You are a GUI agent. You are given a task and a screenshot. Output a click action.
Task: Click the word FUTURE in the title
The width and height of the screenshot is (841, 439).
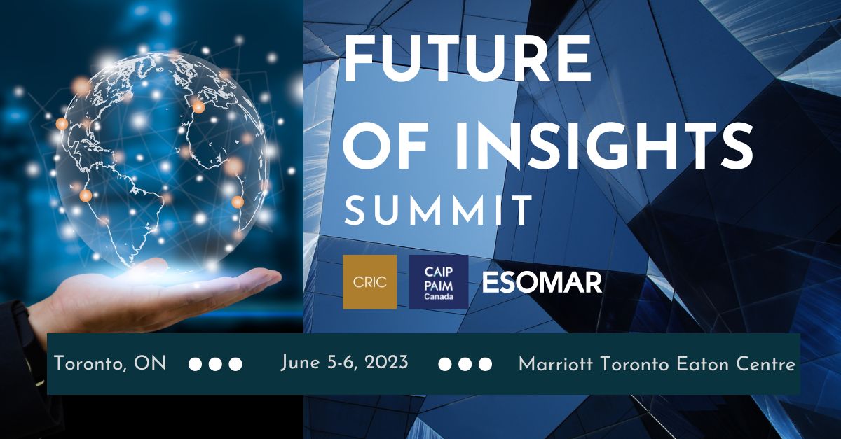[467, 59]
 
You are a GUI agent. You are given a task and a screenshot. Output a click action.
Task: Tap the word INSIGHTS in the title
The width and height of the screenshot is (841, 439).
[604, 146]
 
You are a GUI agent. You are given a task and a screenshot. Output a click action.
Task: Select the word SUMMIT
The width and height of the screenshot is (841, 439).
[437, 211]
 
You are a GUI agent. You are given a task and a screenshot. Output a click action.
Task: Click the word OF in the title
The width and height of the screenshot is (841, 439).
[385, 146]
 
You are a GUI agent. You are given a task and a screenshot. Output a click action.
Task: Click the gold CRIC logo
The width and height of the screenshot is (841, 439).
[370, 282]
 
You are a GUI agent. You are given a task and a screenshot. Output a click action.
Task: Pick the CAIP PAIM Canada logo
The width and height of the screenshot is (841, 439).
[439, 282]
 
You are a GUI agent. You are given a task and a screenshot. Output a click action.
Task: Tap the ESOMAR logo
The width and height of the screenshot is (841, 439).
[542, 283]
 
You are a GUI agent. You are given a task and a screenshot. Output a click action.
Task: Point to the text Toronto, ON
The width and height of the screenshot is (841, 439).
[110, 363]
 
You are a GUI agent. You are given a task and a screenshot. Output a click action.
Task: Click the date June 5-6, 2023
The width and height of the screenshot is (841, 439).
[344, 363]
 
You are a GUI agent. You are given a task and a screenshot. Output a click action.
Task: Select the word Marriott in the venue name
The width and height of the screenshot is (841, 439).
[556, 364]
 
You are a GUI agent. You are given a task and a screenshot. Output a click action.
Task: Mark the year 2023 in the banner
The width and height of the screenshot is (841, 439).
[385, 363]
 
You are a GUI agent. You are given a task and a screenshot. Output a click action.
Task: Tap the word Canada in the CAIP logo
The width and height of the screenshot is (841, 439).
[439, 297]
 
